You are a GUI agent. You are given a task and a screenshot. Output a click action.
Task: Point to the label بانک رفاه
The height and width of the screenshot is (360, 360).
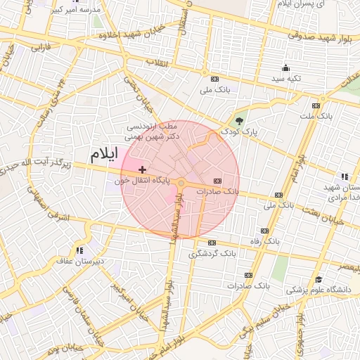pyautogui.click(x=264, y=240)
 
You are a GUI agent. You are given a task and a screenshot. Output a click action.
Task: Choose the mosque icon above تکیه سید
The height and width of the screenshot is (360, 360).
pyautogui.click(x=286, y=68)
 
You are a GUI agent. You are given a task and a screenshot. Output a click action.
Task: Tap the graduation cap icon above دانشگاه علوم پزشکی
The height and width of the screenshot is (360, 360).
pyautogui.click(x=319, y=280)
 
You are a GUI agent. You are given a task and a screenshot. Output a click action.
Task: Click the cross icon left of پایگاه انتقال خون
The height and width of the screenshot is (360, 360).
pyautogui.click(x=143, y=169)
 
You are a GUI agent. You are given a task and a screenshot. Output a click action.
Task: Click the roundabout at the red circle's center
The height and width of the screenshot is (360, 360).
pyautogui.click(x=181, y=184)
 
